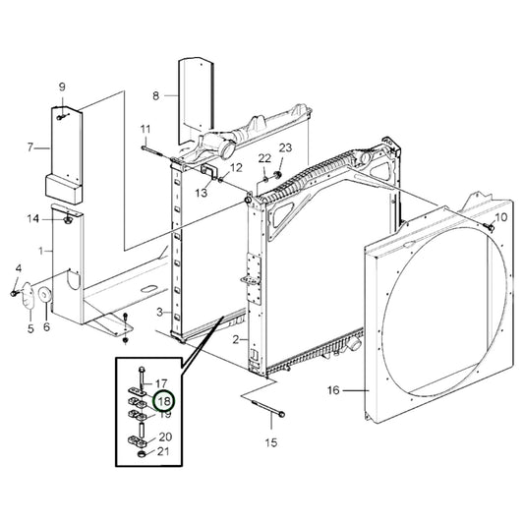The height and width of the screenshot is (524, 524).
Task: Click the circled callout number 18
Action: point(165,401)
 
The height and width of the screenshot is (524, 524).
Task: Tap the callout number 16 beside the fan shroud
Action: point(333,390)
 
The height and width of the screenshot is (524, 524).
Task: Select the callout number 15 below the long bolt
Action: point(271,442)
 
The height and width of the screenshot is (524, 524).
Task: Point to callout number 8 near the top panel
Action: point(155,96)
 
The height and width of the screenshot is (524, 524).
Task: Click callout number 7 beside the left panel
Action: point(30,147)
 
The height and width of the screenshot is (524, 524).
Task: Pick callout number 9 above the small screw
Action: point(62,87)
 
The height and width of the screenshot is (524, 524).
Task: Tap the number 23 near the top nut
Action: point(285,147)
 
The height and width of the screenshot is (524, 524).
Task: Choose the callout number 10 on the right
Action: point(501,217)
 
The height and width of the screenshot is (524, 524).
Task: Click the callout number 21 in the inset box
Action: point(163,451)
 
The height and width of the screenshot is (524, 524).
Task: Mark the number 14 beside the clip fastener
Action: point(33,219)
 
